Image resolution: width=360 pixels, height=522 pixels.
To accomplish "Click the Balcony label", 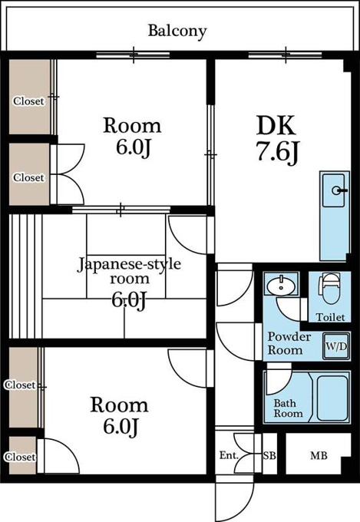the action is [177, 31].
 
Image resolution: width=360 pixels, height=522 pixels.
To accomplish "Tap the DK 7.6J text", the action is [276, 139].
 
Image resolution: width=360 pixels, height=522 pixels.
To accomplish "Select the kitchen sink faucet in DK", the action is [339, 190].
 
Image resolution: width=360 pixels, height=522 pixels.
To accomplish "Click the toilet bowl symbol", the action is [330, 289].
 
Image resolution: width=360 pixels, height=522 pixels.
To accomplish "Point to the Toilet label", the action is [330, 317].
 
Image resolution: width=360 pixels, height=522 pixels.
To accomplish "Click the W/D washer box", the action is [336, 346].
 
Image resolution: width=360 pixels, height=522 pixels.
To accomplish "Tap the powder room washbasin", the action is [282, 284].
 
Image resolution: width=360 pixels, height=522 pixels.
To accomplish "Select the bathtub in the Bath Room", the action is [332, 398].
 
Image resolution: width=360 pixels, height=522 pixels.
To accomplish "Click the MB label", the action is [319, 455].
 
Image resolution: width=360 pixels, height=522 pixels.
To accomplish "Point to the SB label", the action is [269, 455].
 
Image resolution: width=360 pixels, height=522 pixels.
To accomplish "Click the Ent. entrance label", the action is [229, 455].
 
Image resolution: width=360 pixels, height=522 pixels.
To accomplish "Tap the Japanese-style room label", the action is [129, 271].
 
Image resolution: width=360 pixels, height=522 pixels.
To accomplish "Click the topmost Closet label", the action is [28, 101].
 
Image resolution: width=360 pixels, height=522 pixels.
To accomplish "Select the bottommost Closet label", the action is [20, 457].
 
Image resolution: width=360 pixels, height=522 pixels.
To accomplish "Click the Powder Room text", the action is [289, 343].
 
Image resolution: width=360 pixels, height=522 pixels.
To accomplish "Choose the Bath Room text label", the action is [288, 408].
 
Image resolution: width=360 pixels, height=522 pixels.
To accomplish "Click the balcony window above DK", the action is [286, 55].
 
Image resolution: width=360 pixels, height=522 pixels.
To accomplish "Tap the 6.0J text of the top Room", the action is [134, 147].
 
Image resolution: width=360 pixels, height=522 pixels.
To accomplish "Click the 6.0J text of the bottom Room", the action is [121, 427].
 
